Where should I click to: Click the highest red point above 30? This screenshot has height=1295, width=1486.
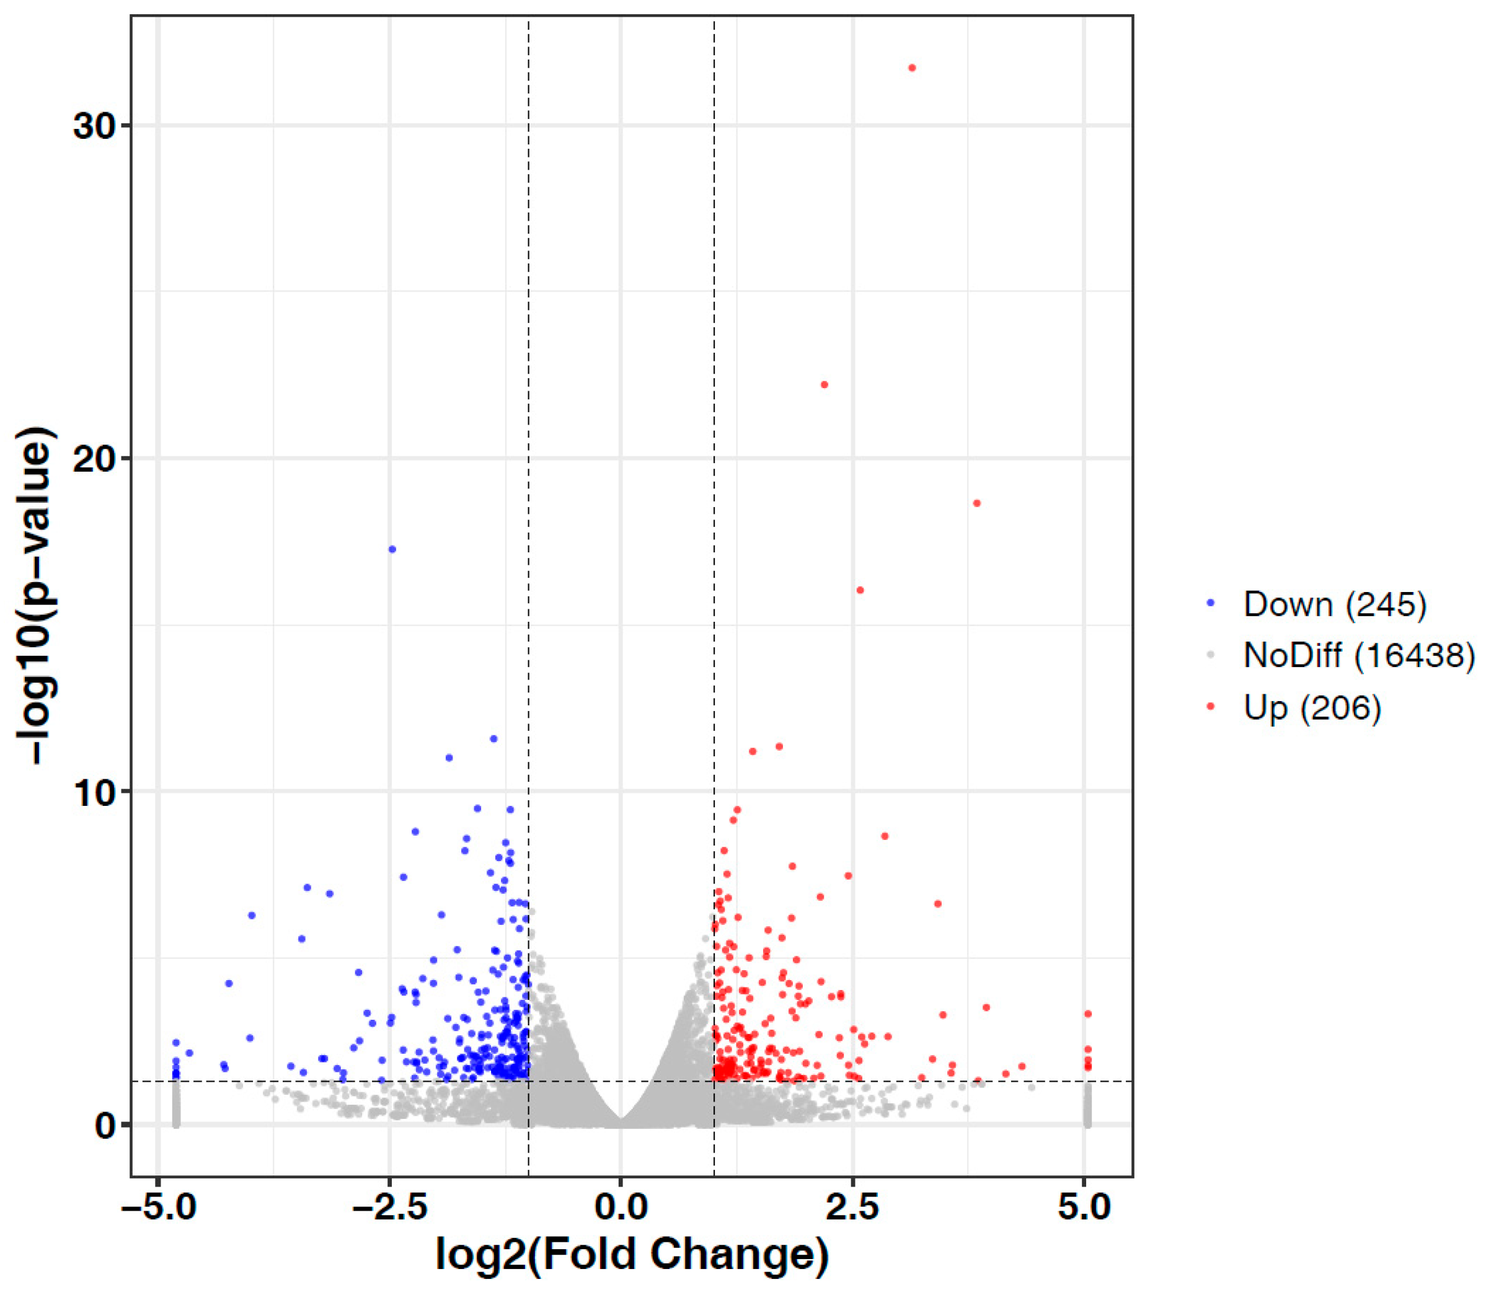(x=912, y=68)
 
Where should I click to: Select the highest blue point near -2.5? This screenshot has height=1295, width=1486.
(x=392, y=549)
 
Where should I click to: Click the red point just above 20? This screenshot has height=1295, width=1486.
(x=825, y=385)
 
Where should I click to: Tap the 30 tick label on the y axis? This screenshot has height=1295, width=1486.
(x=95, y=126)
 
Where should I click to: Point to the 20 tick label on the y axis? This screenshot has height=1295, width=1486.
(x=95, y=459)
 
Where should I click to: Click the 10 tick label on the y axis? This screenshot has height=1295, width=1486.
(x=95, y=793)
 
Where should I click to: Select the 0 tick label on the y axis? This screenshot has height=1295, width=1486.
(x=105, y=1125)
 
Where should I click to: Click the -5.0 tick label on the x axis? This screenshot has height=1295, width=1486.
(x=157, y=1208)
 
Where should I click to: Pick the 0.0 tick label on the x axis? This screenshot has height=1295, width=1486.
(x=621, y=1208)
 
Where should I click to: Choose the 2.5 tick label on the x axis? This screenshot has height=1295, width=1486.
(x=853, y=1208)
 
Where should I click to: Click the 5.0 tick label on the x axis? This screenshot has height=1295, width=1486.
(x=1084, y=1208)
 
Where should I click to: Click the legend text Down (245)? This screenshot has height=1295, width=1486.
(x=1335, y=604)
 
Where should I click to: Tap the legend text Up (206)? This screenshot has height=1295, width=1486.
(x=1312, y=707)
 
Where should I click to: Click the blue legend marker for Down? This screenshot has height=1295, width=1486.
(x=1211, y=603)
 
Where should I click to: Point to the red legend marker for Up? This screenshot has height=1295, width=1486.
(x=1211, y=706)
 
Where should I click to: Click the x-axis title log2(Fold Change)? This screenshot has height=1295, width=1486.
(x=632, y=1255)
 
